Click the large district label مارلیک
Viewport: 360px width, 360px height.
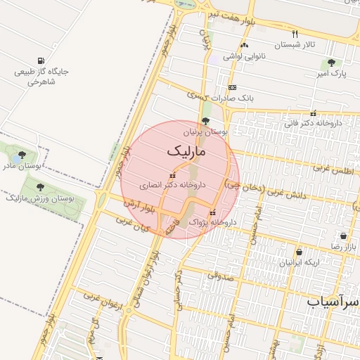187,151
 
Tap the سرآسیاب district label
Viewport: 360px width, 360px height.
333,301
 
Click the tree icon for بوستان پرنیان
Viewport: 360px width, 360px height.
205,121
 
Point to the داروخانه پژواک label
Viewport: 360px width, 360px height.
214,221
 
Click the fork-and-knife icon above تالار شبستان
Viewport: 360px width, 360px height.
295,34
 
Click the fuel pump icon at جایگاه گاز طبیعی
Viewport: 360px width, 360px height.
41,61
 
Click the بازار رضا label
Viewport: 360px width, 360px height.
345,247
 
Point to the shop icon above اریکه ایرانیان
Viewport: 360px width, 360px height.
300,252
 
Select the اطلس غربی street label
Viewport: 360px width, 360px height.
331,169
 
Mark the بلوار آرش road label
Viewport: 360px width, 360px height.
139,207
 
